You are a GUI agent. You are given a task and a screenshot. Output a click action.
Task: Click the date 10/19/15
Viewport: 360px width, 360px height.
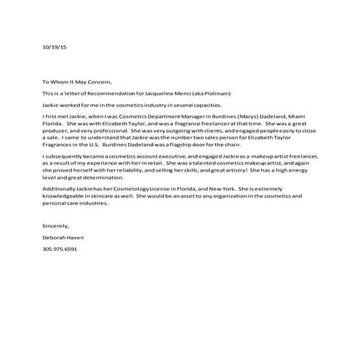click(53, 47)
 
